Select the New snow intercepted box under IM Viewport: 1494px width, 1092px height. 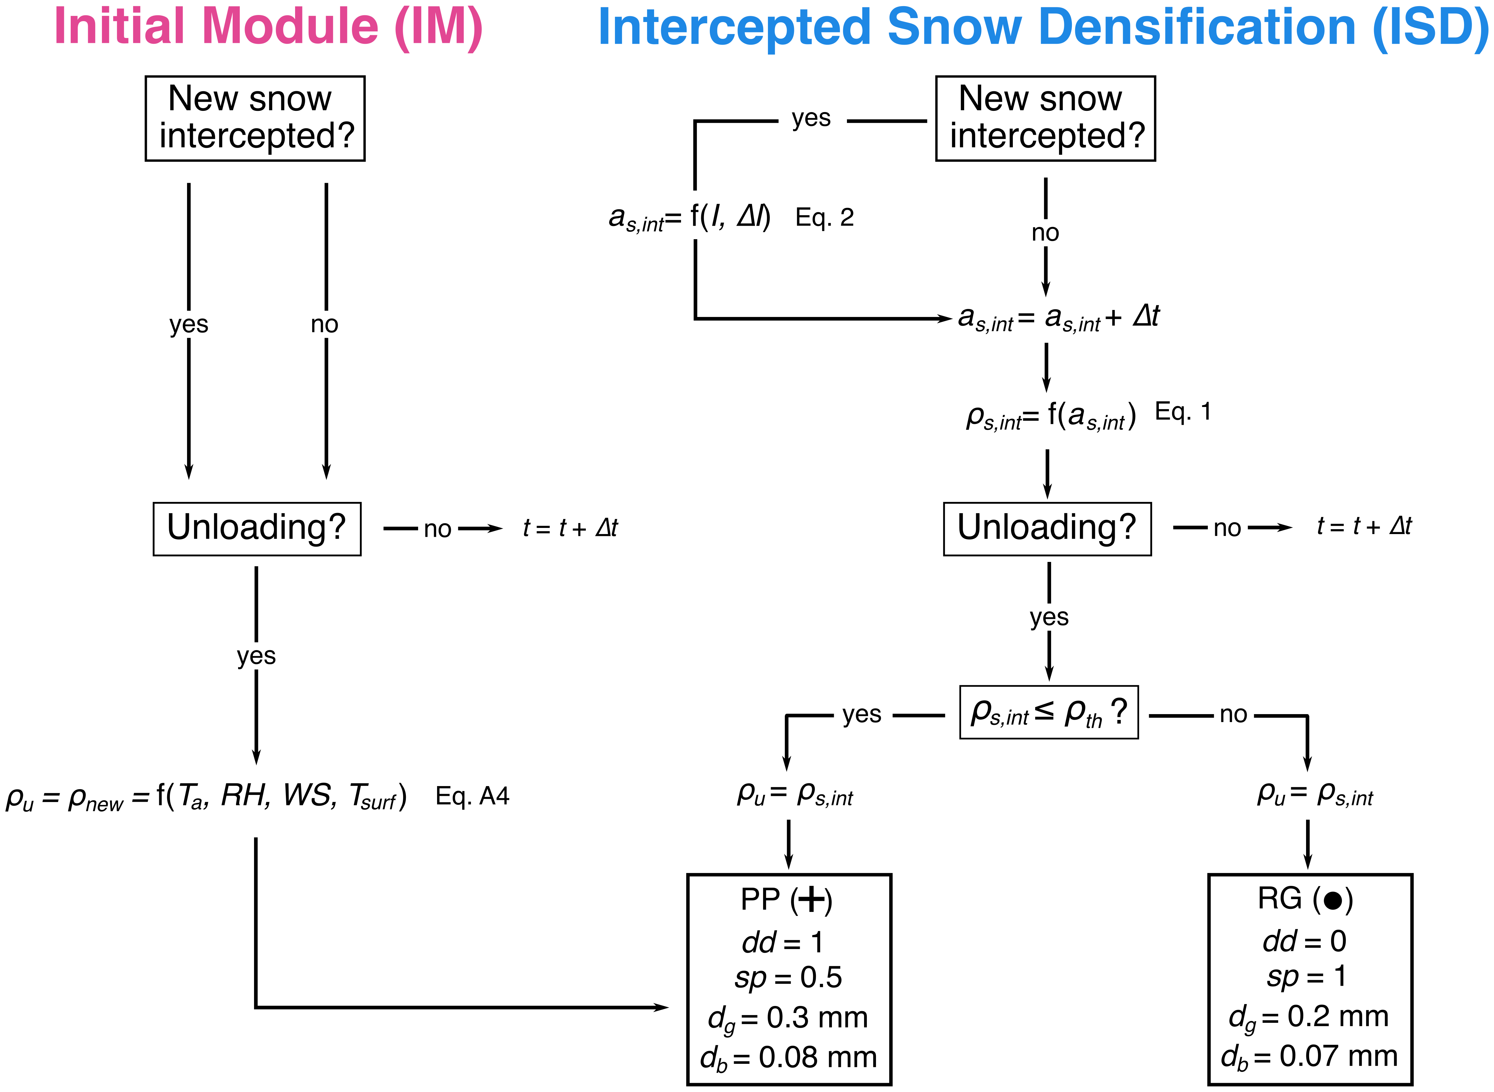[255, 118]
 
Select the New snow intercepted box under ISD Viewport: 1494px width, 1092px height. [1045, 118]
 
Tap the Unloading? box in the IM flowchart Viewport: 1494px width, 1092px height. [257, 529]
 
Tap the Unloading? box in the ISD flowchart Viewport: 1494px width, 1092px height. [1047, 529]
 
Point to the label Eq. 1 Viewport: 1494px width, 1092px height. [1183, 412]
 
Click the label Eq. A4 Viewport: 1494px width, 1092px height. [473, 796]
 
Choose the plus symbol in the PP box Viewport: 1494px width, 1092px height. [812, 900]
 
